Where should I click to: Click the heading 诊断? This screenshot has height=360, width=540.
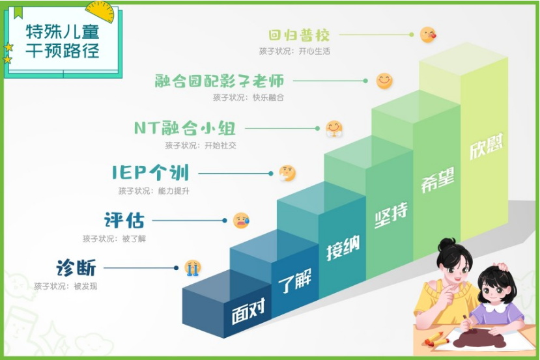click(x=76, y=268)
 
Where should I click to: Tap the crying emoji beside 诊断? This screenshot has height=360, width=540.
click(x=193, y=268)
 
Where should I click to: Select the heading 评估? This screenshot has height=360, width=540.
click(x=124, y=220)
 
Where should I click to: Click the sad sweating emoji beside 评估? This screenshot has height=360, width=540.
click(x=241, y=220)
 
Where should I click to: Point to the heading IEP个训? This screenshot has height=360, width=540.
click(x=150, y=173)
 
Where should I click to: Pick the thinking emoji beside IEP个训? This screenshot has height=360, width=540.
click(x=287, y=173)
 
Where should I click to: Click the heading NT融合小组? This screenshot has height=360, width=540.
click(x=185, y=128)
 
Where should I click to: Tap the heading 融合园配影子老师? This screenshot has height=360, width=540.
click(x=220, y=81)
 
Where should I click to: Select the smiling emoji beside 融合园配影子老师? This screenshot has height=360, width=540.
click(x=384, y=81)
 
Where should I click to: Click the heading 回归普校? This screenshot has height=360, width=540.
click(x=299, y=35)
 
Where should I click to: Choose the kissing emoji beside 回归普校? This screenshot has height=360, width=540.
click(x=428, y=35)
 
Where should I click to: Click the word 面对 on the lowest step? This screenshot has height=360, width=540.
click(x=248, y=311)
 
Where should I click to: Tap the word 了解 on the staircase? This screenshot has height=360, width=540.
click(x=295, y=280)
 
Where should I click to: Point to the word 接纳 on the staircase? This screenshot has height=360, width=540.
click(x=343, y=247)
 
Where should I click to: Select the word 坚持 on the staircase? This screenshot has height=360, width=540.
click(x=391, y=215)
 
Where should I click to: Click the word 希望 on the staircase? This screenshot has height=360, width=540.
click(x=438, y=179)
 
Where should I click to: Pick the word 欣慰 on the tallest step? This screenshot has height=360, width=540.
click(x=487, y=146)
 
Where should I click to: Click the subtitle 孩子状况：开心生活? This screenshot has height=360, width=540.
click(x=294, y=51)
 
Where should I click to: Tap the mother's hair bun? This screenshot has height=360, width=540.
click(x=447, y=244)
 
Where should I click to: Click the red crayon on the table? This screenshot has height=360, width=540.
click(x=433, y=337)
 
